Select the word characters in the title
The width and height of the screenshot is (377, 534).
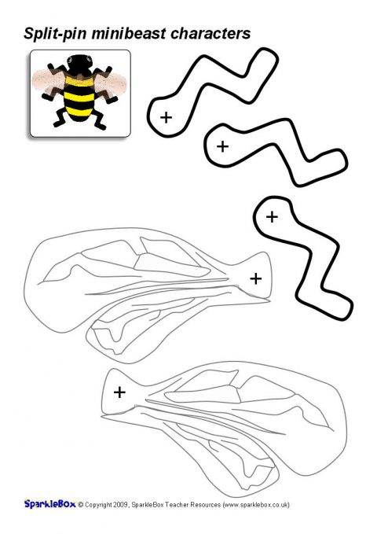click(210, 33)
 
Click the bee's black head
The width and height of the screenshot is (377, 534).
click(80, 64)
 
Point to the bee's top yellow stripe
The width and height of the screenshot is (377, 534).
click(79, 81)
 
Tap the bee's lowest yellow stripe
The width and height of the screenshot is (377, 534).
click(79, 112)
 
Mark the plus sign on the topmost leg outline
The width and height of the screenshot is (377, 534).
click(166, 117)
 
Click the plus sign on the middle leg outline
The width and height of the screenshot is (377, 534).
click(222, 147)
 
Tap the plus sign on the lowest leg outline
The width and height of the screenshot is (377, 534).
click(272, 217)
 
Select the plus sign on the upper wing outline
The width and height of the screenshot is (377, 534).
click(256, 278)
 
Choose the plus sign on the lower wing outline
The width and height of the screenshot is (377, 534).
click(119, 392)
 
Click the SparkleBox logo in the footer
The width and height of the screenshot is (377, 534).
click(49, 504)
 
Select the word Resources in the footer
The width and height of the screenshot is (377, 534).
click(206, 505)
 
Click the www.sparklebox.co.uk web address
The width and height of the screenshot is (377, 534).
click(255, 505)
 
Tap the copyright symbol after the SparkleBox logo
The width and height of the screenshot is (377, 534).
click(81, 505)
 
